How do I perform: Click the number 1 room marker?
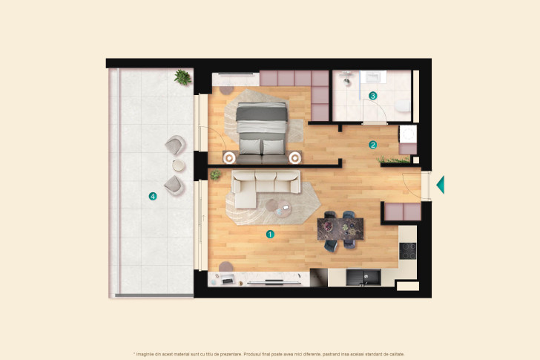click(270, 234)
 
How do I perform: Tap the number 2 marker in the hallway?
click(373, 145)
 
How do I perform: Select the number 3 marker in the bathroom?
click(372, 96)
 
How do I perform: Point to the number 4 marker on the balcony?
click(153, 197)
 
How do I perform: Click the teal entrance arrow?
click(440, 184)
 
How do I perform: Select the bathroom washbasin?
click(374, 76)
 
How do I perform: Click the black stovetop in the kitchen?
click(407, 252)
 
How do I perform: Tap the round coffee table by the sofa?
click(283, 210)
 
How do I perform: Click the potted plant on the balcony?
click(182, 76)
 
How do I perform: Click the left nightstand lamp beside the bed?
click(229, 157)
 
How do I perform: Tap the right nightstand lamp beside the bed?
click(295, 157)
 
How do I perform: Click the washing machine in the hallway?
click(408, 134)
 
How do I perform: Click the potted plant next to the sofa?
click(215, 175)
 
